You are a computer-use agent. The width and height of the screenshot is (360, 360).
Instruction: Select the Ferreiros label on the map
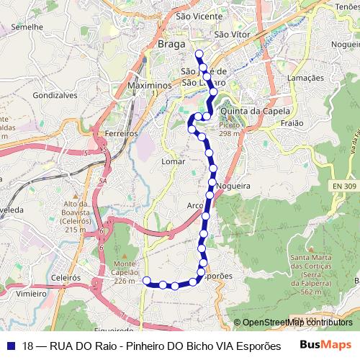(x=120, y=134)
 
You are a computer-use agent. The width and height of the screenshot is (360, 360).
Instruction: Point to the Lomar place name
(x=174, y=162)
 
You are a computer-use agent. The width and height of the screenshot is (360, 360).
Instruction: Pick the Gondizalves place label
(x=55, y=94)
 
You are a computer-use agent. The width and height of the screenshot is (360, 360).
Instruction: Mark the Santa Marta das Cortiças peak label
(x=310, y=274)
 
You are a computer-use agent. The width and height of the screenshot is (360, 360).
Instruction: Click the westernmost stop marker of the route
(x=147, y=280)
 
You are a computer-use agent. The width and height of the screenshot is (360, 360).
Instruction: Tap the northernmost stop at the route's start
(x=198, y=53)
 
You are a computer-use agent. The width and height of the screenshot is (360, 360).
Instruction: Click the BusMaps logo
(x=325, y=345)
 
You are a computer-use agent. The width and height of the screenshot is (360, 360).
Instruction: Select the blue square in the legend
(x=11, y=346)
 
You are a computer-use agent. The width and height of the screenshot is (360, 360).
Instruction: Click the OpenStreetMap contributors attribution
(x=293, y=323)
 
